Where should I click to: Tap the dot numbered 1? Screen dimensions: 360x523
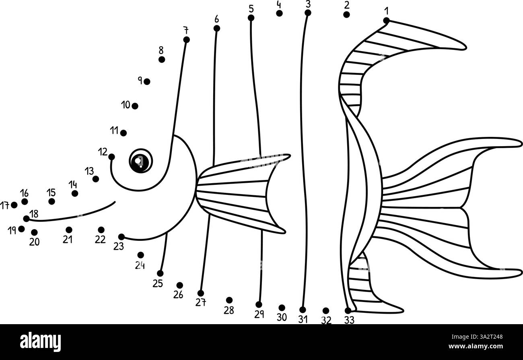click(x=386, y=21)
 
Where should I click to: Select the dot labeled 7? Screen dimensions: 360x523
click(x=186, y=39)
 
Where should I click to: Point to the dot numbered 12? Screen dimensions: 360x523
click(x=111, y=157)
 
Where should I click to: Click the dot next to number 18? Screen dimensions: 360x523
click(x=27, y=219)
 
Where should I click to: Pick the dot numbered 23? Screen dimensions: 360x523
click(x=121, y=237)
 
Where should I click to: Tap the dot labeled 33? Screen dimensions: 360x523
click(x=348, y=310)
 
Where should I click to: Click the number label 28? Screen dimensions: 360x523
click(x=229, y=310)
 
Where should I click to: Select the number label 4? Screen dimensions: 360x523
click(x=279, y=5)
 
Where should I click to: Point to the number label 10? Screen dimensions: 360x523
click(x=126, y=105)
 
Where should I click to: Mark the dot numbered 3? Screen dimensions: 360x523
click(x=308, y=13)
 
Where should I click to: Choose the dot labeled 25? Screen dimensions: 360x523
click(x=160, y=273)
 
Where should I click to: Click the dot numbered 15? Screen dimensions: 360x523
click(x=51, y=201)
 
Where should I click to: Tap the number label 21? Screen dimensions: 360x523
click(x=68, y=240)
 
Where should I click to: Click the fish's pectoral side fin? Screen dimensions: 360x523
click(x=241, y=193)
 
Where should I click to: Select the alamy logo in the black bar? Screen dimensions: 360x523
click(x=40, y=341)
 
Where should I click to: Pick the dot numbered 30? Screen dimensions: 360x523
click(x=282, y=308)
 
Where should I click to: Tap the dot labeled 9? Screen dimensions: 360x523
click(x=147, y=82)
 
